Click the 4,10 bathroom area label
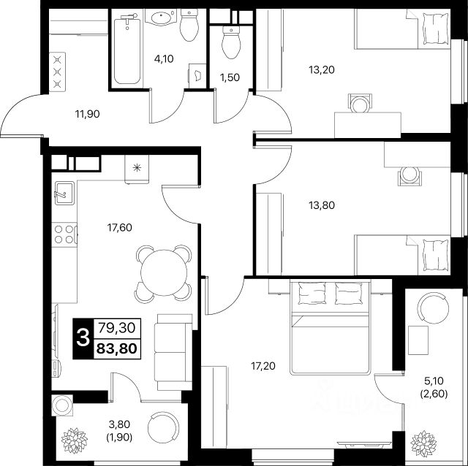tap(164, 59)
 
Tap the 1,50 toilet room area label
tap(230, 77)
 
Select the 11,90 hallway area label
tap(88, 114)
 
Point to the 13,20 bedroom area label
tap(322, 70)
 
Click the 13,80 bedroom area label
tap(322, 205)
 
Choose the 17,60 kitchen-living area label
tap(120, 227)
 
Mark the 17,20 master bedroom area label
tap(263, 366)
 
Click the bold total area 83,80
tap(117, 348)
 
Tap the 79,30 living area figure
tap(117, 328)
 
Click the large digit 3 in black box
tap(83, 338)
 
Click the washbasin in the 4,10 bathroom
tap(161, 17)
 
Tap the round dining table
tap(164, 272)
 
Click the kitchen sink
tap(64, 194)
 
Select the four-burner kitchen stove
tap(64, 234)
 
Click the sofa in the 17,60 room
tap(173, 352)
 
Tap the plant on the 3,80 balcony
tap(74, 440)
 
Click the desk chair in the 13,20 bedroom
tap(361, 103)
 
